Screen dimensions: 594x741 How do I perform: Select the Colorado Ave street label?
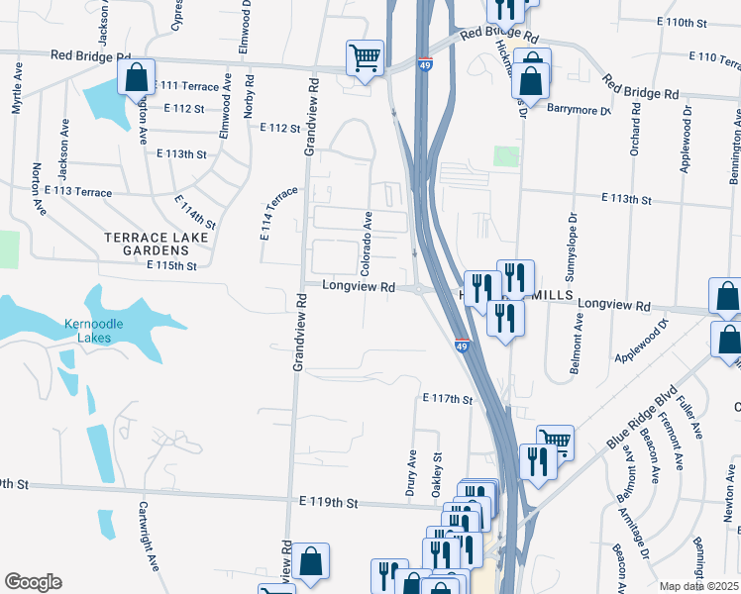coord(366,243)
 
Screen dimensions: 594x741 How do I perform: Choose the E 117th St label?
coord(448,399)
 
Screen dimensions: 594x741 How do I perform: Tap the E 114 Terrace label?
coord(280,213)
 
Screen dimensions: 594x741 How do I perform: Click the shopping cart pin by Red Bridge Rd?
coord(366,57)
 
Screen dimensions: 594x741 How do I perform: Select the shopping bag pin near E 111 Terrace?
coord(136,75)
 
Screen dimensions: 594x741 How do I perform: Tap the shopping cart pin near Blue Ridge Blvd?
coord(555,441)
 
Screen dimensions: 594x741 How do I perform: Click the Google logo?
coord(33,582)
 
